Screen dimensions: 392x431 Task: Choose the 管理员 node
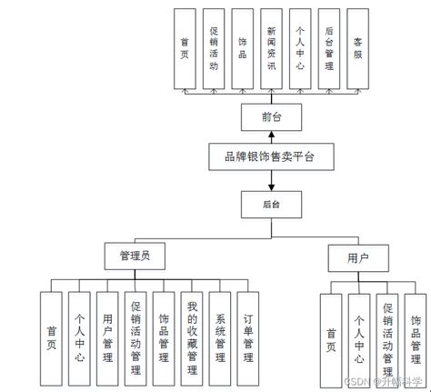pyautogui.click(x=134, y=256)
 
